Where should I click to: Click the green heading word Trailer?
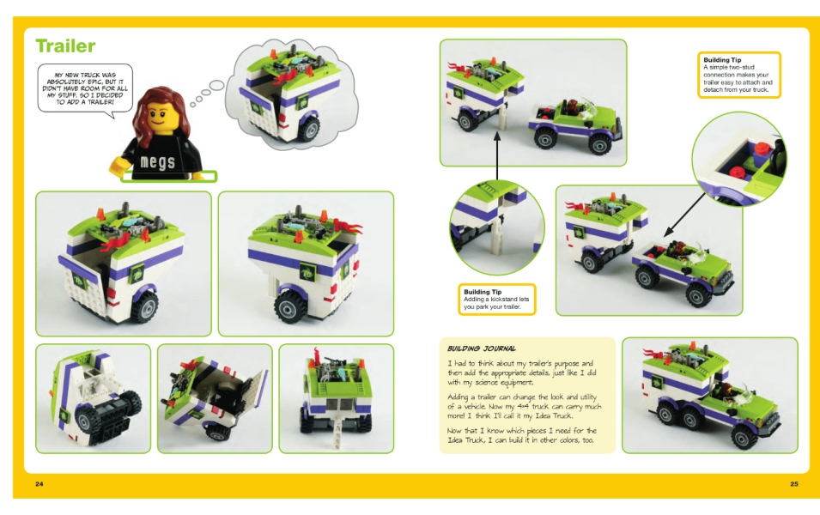[x=65, y=46]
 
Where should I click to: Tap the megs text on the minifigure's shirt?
[x=157, y=161]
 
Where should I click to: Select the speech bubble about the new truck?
[x=85, y=88]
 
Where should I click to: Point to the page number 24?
[x=39, y=483]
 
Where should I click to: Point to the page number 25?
[x=794, y=483]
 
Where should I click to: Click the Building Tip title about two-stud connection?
[x=722, y=60]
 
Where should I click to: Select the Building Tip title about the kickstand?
[x=483, y=292]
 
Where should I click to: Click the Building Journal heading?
[x=482, y=348]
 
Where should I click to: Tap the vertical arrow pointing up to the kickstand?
[x=497, y=157]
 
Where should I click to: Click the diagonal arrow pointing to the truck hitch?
[x=685, y=215]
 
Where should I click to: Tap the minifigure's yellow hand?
[x=118, y=167]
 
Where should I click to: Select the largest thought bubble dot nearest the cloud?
[x=216, y=85]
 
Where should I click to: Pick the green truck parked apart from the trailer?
[x=575, y=124]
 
